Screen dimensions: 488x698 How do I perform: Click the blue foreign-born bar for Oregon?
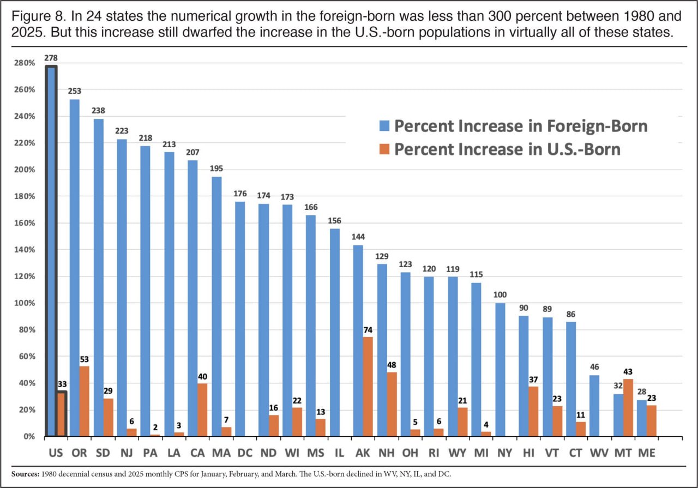(x=74, y=267)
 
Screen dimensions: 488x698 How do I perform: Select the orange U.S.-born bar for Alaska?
(x=368, y=386)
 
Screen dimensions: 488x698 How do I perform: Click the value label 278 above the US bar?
(x=51, y=57)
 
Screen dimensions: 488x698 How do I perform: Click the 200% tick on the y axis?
(x=26, y=170)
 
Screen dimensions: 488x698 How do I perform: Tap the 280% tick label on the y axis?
(x=26, y=63)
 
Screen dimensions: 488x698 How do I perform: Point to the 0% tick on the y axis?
(x=28, y=436)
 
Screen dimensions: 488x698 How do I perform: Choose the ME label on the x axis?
(x=647, y=453)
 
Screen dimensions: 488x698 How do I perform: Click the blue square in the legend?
(x=384, y=126)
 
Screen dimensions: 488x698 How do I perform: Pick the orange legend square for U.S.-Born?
(x=384, y=149)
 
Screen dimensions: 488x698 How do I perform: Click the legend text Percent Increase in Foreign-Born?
(x=521, y=126)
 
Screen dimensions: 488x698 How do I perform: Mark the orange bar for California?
(x=202, y=409)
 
